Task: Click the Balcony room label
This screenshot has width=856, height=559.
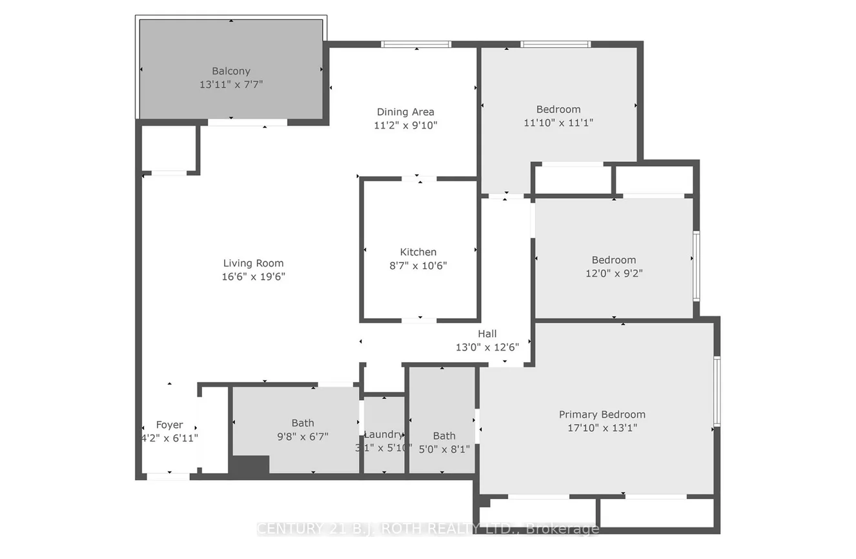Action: (x=231, y=71)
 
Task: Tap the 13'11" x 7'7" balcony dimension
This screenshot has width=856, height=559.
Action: (x=231, y=85)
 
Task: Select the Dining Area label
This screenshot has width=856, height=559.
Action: (x=405, y=112)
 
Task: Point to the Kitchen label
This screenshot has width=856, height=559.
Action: (x=418, y=252)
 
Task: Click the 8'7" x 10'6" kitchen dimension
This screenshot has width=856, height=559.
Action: (x=418, y=265)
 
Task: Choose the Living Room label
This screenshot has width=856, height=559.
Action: (x=253, y=263)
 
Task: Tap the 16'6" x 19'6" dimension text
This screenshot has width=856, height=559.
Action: (x=253, y=276)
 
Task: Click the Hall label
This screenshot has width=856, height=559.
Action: (x=487, y=334)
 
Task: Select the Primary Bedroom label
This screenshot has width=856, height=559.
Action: (x=602, y=414)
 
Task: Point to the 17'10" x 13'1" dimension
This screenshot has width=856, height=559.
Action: (x=602, y=428)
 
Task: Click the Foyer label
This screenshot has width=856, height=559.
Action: (x=170, y=425)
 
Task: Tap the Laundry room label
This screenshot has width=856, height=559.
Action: (x=383, y=434)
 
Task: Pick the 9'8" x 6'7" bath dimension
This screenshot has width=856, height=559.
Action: (x=303, y=436)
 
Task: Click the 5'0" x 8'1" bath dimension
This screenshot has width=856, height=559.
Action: (x=444, y=449)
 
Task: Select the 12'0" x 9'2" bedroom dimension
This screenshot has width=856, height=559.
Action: (x=613, y=273)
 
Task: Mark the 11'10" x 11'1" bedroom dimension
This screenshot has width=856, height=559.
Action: (x=558, y=122)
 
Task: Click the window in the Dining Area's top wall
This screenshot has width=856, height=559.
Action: (x=416, y=45)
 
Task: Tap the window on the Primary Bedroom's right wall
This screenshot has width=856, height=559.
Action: (x=717, y=391)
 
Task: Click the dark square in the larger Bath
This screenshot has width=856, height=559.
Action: (x=250, y=466)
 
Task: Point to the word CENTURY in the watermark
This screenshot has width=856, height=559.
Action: (x=289, y=529)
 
